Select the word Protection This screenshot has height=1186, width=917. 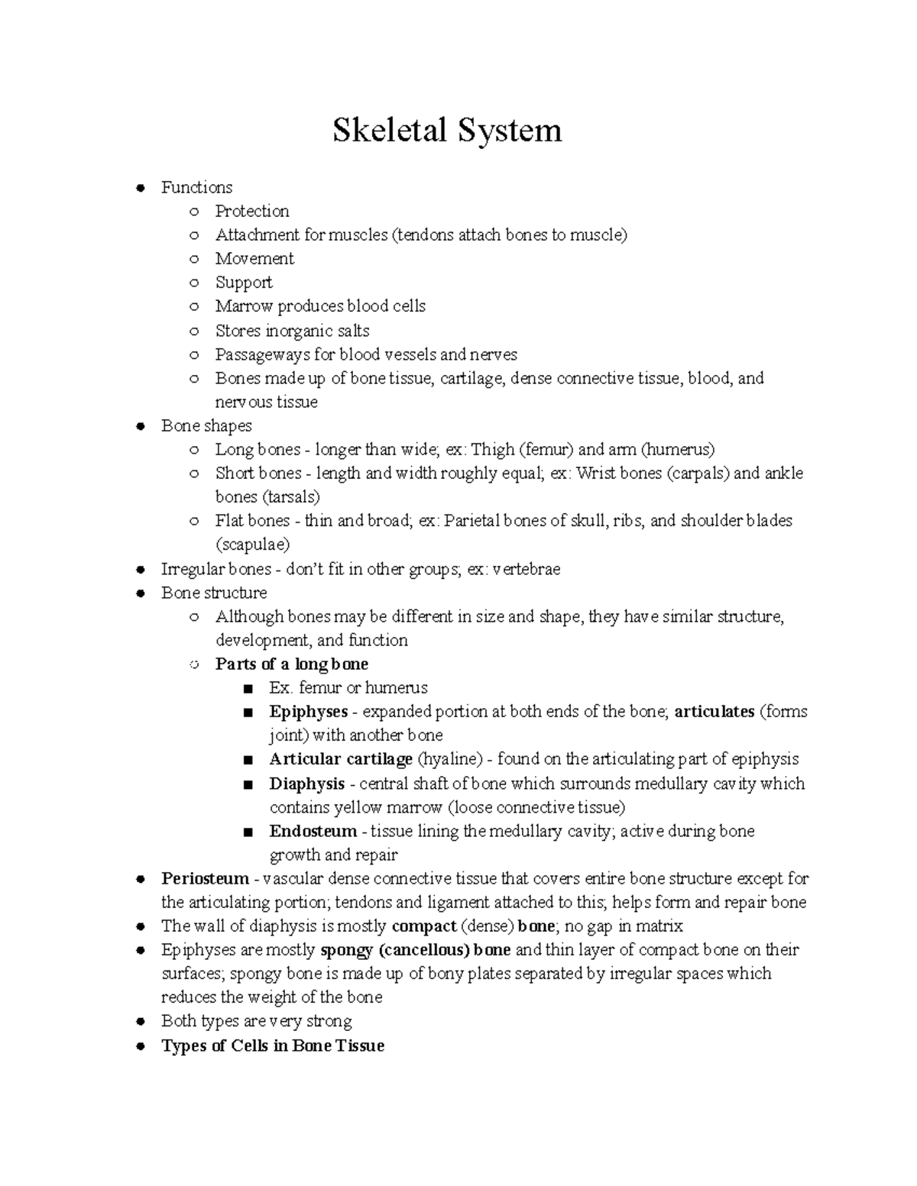click(252, 212)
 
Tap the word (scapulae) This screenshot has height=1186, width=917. click(253, 545)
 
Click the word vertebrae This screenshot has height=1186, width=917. click(527, 569)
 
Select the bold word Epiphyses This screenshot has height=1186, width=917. click(308, 712)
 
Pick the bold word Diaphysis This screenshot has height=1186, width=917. click(306, 784)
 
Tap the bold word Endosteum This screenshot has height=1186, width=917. click(313, 831)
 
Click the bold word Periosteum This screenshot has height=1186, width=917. click(205, 878)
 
